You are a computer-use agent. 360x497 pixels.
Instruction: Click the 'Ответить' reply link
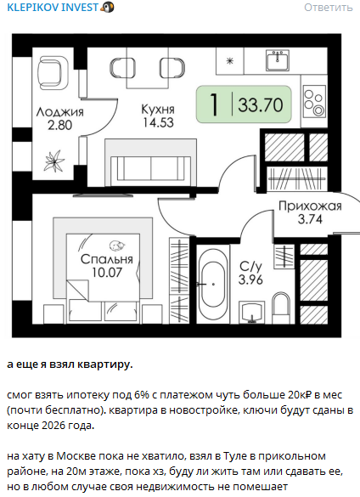[329, 8]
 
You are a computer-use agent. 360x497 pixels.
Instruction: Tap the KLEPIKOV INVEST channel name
[53, 8]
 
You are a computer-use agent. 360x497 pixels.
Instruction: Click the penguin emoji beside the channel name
[107, 8]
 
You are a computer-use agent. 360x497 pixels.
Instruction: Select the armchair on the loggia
[53, 72]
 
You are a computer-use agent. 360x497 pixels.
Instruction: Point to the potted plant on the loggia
[54, 161]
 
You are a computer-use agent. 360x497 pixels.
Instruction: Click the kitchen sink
[278, 60]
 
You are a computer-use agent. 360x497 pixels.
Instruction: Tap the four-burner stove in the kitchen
[314, 101]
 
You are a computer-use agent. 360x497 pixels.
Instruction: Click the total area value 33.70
[261, 104]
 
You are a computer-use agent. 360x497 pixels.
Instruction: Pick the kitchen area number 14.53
[158, 122]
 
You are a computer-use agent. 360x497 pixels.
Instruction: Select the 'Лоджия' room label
[60, 112]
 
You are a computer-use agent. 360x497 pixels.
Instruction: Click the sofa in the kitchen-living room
[151, 163]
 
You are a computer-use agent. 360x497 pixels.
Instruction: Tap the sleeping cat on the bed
[117, 245]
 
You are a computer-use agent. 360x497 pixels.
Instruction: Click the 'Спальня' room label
[106, 259]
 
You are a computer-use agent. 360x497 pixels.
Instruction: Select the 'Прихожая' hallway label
[310, 206]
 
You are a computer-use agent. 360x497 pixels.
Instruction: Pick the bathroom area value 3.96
[250, 280]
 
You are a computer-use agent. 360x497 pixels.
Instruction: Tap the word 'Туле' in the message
[239, 456]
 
